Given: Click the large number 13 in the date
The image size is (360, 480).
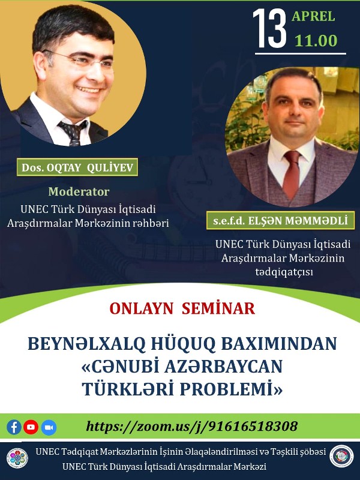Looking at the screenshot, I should coord(269,28).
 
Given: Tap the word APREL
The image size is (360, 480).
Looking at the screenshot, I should coord(313,16).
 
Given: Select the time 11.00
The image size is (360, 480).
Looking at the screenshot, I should coord(316,41).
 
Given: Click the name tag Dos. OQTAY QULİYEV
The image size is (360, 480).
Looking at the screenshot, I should coord(77,167).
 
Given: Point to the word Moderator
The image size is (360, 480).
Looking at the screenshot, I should coord(79,192).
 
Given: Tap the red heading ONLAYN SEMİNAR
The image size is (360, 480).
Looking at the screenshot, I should coord(182,308).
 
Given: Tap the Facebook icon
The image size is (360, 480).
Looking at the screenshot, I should coord(14,427).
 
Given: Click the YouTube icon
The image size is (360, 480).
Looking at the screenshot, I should coord(31,427).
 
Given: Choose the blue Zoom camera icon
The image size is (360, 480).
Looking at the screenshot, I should coord(49,427).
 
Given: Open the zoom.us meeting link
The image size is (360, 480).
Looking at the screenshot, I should coord(192,427).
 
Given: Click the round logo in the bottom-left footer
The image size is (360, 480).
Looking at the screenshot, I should coord(17,457).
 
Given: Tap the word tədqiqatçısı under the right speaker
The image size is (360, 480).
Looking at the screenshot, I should coord(283,272).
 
